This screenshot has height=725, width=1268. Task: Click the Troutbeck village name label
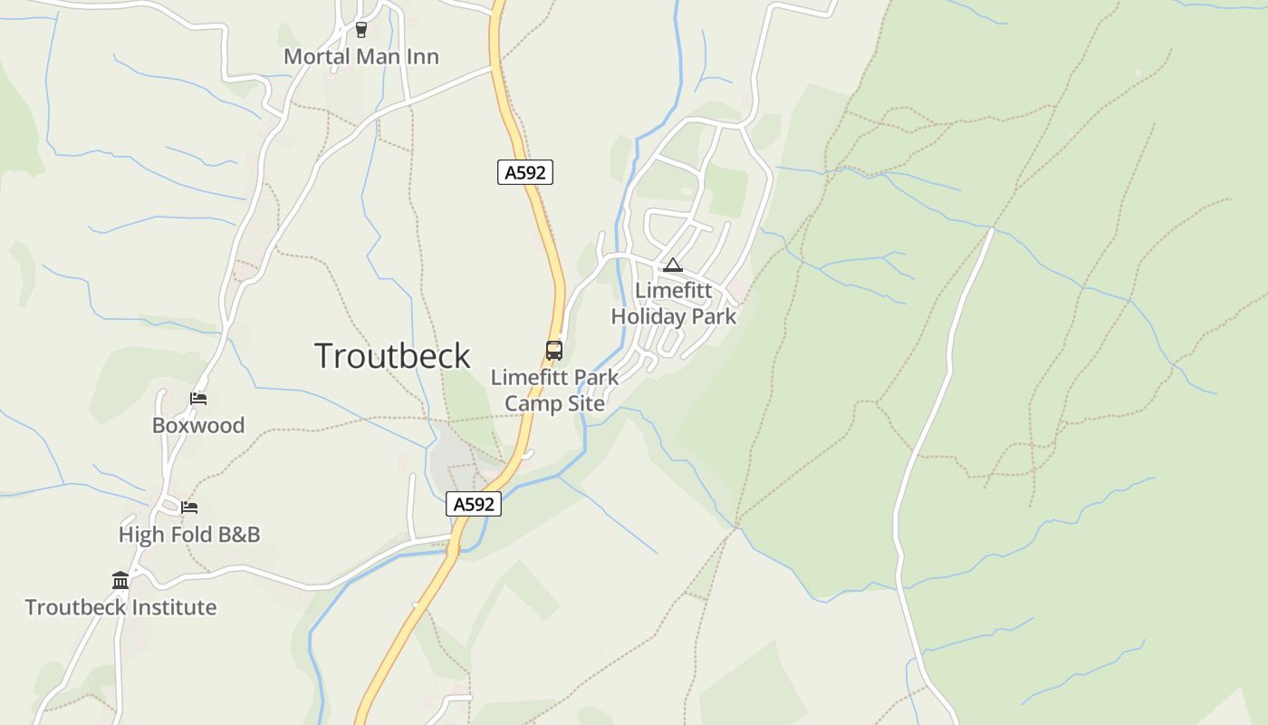click(392, 355)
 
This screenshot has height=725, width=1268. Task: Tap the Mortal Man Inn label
click(361, 56)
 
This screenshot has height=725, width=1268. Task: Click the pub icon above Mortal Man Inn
click(361, 30)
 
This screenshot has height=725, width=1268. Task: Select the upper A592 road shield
click(525, 172)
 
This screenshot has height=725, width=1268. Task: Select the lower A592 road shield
click(474, 505)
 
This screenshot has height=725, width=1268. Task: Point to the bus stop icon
click(553, 350)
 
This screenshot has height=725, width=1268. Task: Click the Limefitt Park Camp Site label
click(554, 390)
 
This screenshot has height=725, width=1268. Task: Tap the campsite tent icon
click(672, 265)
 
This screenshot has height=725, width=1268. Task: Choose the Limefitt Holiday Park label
click(674, 304)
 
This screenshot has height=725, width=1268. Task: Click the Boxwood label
click(198, 425)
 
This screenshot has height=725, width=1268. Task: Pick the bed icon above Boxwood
click(198, 398)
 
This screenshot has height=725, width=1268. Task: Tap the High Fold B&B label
click(189, 535)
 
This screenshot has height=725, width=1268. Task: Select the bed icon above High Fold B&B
click(189, 507)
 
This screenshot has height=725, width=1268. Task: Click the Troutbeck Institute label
click(120, 607)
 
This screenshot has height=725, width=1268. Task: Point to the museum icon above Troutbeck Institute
click(120, 580)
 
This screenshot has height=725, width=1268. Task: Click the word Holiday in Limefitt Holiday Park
click(648, 317)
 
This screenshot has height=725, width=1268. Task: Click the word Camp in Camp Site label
click(527, 403)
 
